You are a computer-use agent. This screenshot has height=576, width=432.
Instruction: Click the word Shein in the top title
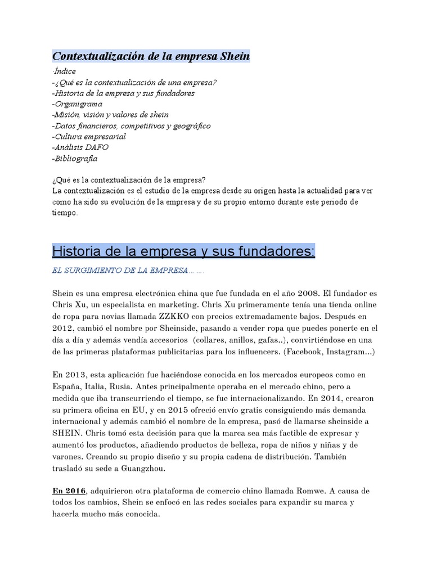(232, 56)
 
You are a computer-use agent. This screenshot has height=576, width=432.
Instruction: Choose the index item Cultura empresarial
(89, 137)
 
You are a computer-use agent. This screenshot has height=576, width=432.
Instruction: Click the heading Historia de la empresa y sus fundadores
(183, 250)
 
